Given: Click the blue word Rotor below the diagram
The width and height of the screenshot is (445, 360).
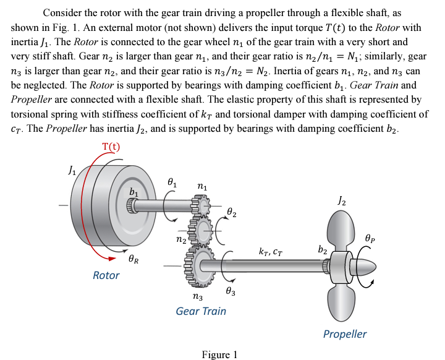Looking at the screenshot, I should point(106,275).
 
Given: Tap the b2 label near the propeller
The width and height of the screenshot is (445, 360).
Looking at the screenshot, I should point(323,249).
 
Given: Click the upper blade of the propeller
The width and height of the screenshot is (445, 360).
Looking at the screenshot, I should point(342,229).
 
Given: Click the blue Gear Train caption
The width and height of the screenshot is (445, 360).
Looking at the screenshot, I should point(201,311).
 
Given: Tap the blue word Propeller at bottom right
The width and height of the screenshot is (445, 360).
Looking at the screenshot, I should point(344,334).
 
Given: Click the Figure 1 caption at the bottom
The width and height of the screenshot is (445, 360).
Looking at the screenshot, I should point(219,354).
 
